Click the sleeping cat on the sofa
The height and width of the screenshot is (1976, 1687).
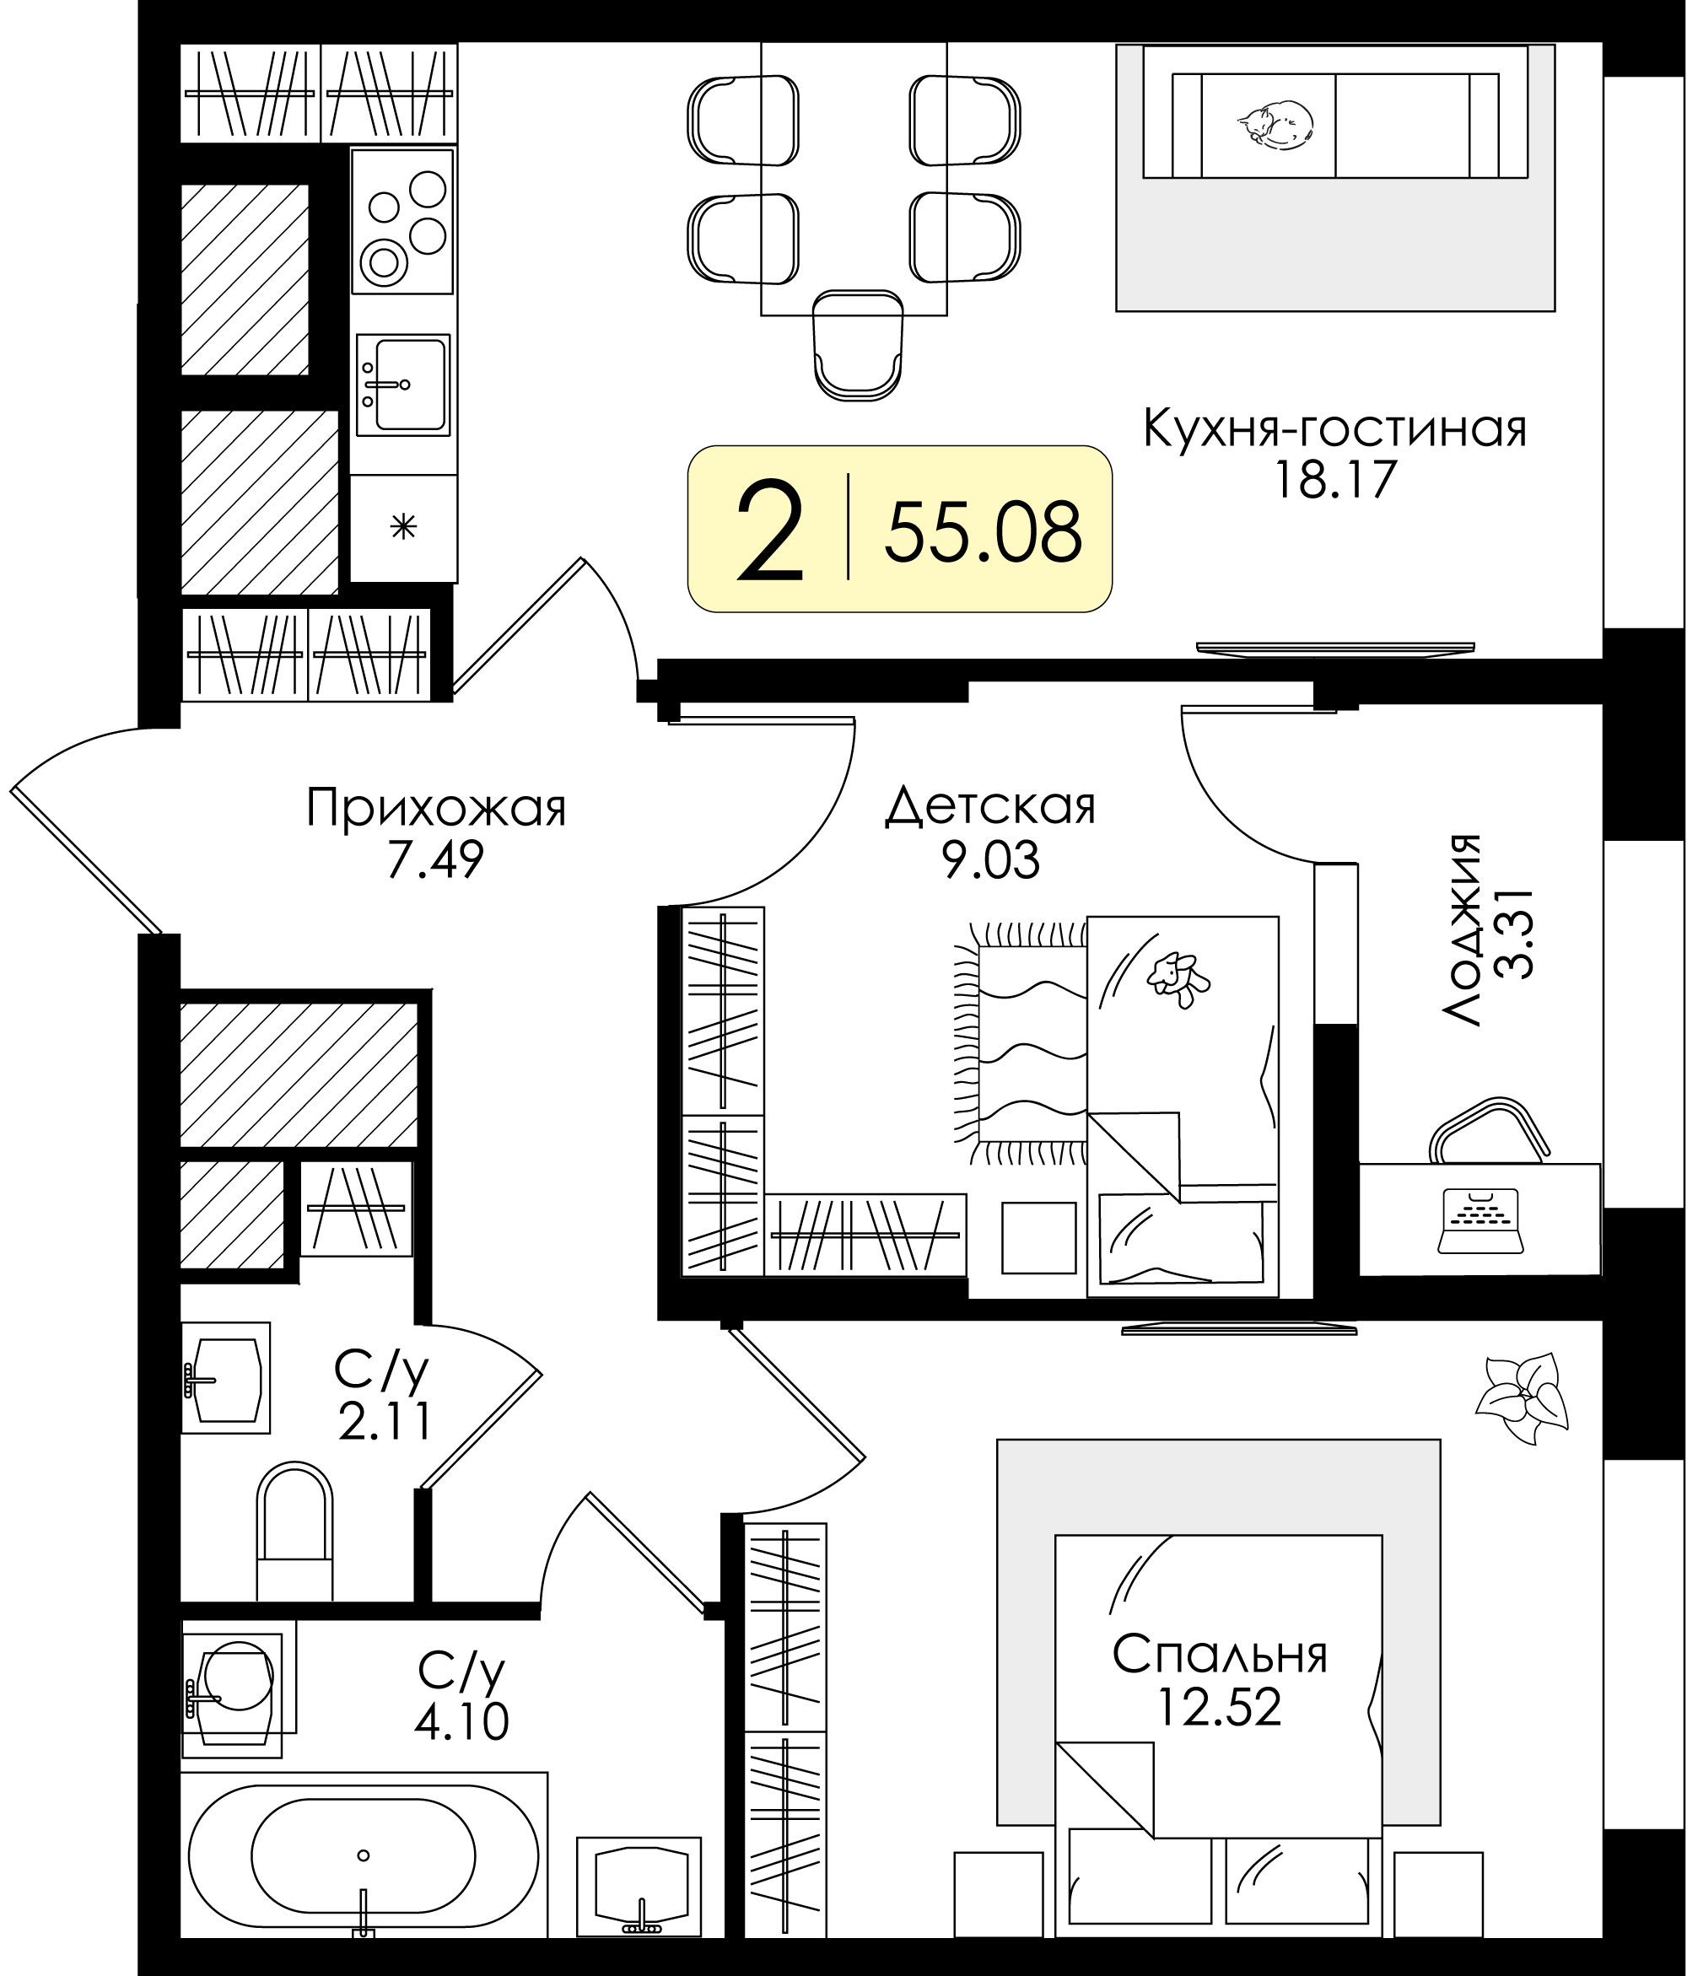coord(1275,124)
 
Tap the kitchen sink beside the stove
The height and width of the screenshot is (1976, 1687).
coord(402,385)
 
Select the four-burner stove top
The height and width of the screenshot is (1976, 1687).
coord(402,221)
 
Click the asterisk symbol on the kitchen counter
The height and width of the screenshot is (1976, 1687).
coord(403,526)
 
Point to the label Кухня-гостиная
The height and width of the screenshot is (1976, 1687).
coord(1335,431)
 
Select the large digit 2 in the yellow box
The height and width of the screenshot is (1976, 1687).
coord(771,531)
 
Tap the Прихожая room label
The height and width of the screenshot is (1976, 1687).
coord(436,809)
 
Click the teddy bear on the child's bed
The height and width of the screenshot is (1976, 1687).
coord(1178,978)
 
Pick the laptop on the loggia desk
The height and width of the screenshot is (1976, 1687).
coord(1481,1220)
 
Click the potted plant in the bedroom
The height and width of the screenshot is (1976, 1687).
coord(1521,1399)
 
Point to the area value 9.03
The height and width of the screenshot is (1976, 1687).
coord(991,860)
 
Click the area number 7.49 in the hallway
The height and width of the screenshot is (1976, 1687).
coord(435,859)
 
